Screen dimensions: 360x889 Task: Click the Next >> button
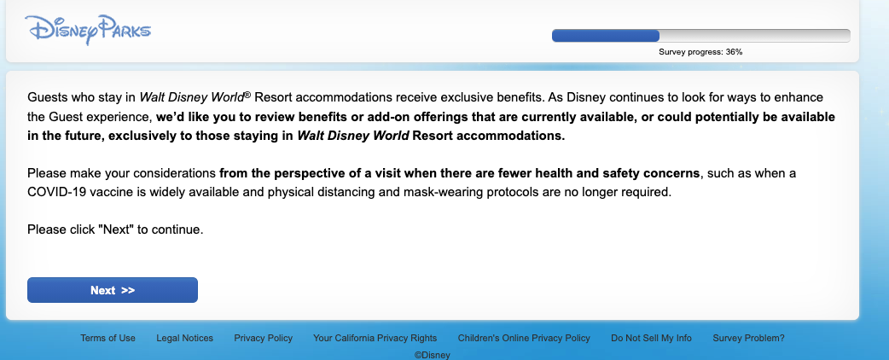click(112, 290)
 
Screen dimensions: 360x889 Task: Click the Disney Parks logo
click(89, 32)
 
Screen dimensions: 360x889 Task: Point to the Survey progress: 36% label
click(700, 52)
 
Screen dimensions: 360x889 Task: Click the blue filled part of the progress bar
click(605, 36)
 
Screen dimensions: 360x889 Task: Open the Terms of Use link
click(107, 338)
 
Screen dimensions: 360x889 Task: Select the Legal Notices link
click(184, 338)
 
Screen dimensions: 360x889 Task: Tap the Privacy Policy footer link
click(263, 338)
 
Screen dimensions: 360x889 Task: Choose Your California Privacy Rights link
click(375, 338)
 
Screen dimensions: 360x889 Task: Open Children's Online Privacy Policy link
click(524, 338)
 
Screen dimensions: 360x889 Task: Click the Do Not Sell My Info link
click(651, 338)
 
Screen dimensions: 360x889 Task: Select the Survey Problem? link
click(748, 338)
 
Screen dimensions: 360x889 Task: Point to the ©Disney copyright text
click(431, 354)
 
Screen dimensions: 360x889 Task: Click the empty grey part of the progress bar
click(754, 36)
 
